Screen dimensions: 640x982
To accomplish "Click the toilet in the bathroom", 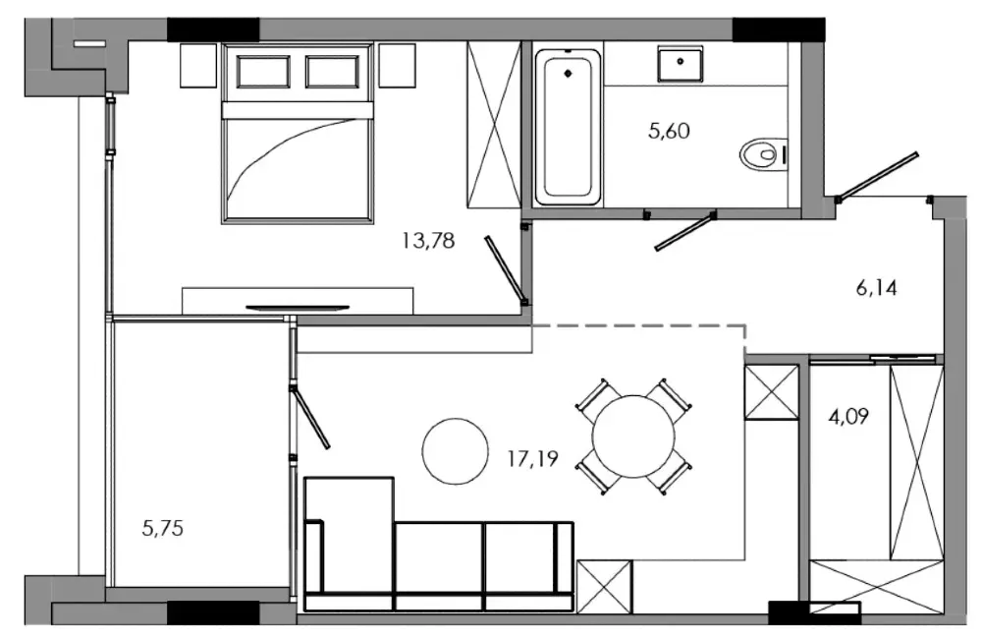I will point(762,154).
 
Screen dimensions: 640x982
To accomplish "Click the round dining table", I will point(633,436).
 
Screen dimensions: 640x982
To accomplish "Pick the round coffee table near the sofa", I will point(456,450).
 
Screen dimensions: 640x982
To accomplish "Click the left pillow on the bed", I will point(263,73).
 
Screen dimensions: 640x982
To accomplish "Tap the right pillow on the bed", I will point(335,73).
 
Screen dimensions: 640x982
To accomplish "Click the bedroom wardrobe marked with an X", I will point(492,125).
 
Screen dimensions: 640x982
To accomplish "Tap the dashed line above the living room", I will point(638,324).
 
